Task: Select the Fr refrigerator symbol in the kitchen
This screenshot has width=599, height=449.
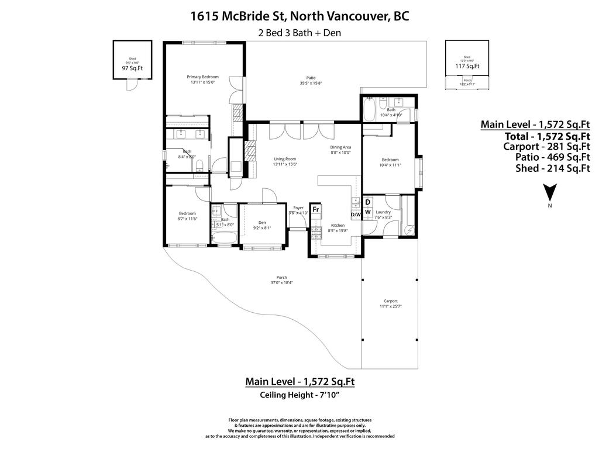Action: [x=315, y=209]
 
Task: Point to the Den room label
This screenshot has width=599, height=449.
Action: [x=262, y=222]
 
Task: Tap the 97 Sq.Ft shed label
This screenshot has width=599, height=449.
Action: [x=132, y=68]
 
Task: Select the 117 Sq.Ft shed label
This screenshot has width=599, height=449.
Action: [x=467, y=66]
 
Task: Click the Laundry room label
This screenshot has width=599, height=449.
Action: [x=383, y=212]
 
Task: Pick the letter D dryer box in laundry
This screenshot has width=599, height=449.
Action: [x=367, y=202]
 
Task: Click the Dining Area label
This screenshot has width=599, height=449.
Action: [x=340, y=147]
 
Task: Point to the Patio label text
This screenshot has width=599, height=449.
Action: [x=311, y=77]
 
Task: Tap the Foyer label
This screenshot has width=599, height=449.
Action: [x=298, y=208]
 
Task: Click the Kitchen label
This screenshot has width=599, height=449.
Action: [x=338, y=225]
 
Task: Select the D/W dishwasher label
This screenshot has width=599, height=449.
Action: [x=356, y=215]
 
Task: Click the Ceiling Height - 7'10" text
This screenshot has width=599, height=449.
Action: [x=299, y=395]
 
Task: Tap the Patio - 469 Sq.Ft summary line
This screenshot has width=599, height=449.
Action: [x=552, y=157]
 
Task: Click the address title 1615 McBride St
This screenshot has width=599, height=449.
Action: [x=299, y=16]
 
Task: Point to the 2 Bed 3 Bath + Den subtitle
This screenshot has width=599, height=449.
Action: [x=299, y=33]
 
